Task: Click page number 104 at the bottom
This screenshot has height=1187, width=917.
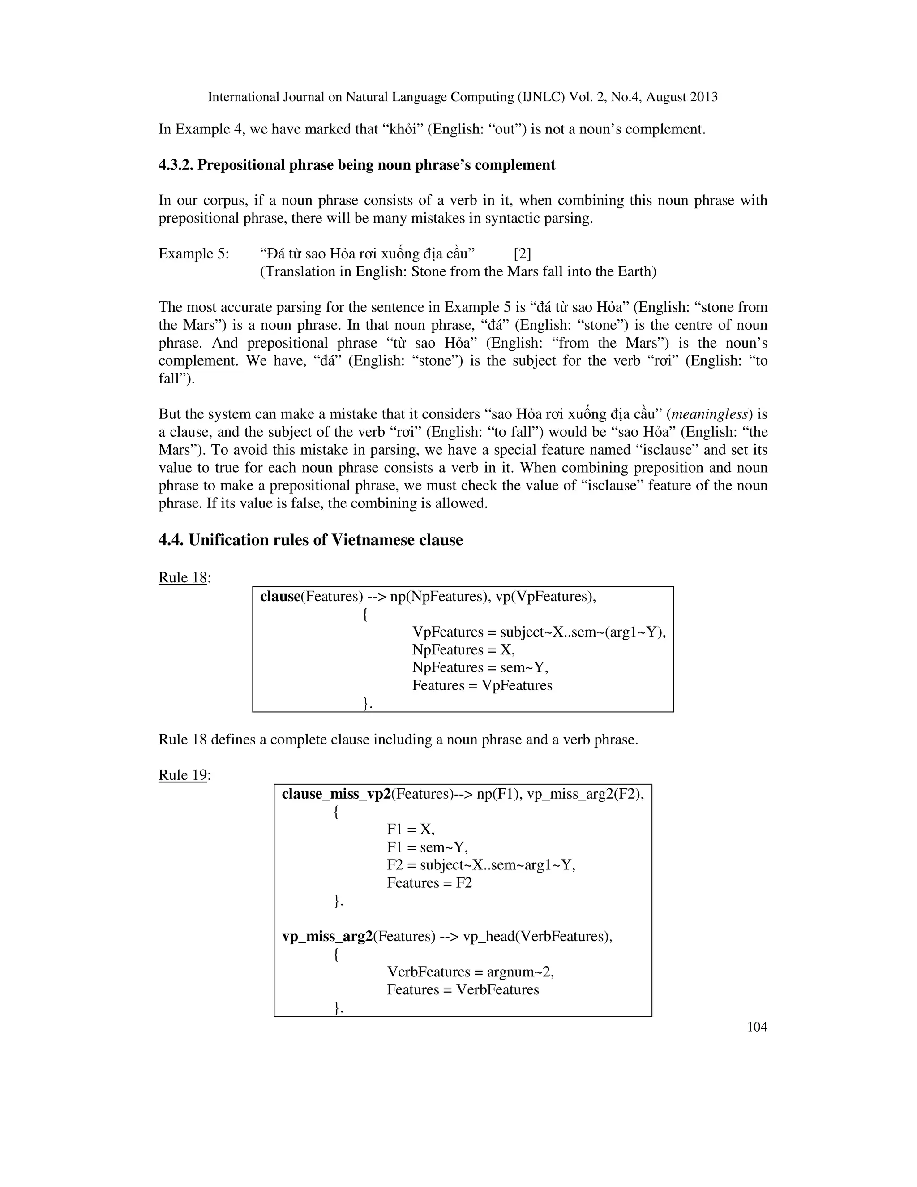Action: tap(757, 1027)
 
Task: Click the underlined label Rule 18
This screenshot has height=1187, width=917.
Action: tap(183, 577)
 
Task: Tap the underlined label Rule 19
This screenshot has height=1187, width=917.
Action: tap(183, 775)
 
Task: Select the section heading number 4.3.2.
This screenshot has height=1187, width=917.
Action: tap(176, 165)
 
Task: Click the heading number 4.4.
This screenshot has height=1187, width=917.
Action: tap(171, 540)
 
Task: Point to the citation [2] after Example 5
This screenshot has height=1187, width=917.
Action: tap(522, 254)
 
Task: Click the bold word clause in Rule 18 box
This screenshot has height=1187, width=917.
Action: tap(280, 597)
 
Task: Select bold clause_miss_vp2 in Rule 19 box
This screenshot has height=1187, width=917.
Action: tap(336, 795)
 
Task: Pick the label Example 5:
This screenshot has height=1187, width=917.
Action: tap(193, 254)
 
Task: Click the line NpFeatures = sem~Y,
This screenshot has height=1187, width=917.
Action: tap(480, 667)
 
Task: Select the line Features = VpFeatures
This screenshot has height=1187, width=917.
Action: tap(482, 685)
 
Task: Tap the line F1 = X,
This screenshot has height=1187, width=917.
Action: tap(411, 830)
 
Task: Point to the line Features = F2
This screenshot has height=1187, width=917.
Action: tap(429, 883)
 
